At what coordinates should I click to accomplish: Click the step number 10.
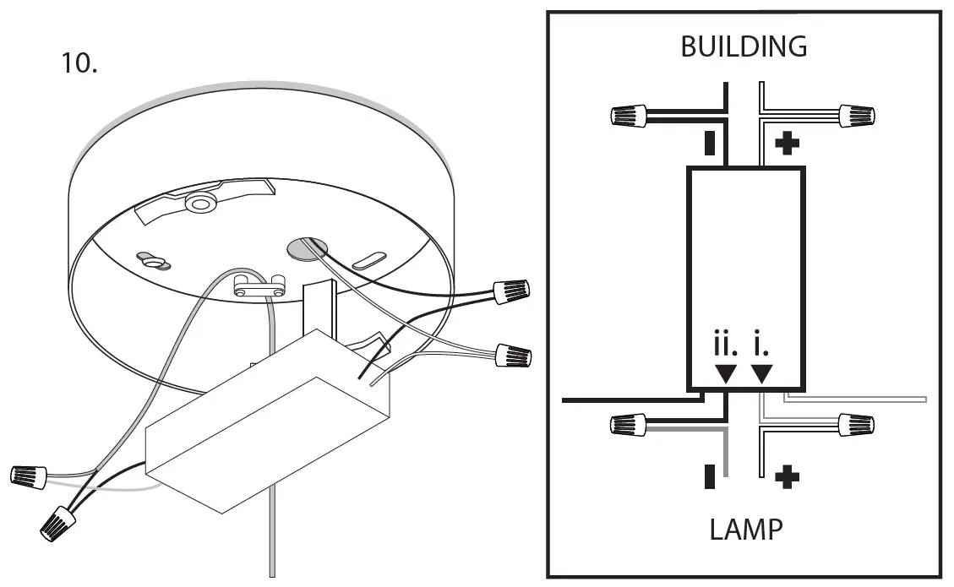pyautogui.click(x=79, y=63)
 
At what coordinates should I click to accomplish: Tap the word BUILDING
pyautogui.click(x=744, y=46)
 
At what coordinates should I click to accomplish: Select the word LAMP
pyautogui.click(x=746, y=530)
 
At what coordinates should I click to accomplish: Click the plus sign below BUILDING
pyautogui.click(x=787, y=144)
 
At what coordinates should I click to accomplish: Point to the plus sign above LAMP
pyautogui.click(x=787, y=477)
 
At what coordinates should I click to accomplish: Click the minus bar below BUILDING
pyautogui.click(x=710, y=143)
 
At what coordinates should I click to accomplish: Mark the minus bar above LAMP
pyautogui.click(x=710, y=476)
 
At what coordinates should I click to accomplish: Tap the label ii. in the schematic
pyautogui.click(x=725, y=345)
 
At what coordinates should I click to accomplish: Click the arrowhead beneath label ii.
pyautogui.click(x=726, y=373)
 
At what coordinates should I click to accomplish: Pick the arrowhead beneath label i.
pyautogui.click(x=761, y=373)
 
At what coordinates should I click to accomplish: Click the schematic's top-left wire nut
pyautogui.click(x=629, y=116)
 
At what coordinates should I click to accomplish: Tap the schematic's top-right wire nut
pyautogui.click(x=857, y=116)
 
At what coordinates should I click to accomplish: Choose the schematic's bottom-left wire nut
pyautogui.click(x=629, y=425)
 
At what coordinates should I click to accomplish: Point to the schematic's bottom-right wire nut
pyautogui.click(x=857, y=425)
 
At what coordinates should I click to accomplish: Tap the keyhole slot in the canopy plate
pyautogui.click(x=153, y=260)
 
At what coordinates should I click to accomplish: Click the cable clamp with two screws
pyautogui.click(x=259, y=285)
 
